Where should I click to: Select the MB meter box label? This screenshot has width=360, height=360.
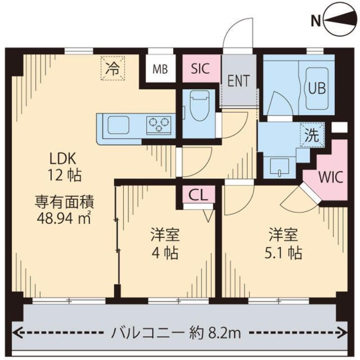[160, 69]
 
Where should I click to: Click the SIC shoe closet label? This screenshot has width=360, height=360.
[200, 69]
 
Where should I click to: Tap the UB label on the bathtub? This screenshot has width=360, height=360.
[317, 87]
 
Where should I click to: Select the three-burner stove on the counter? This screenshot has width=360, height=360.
[158, 124]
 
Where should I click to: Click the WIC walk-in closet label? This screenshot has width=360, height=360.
[331, 176]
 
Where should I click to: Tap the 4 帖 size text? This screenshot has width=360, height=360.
[165, 253]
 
